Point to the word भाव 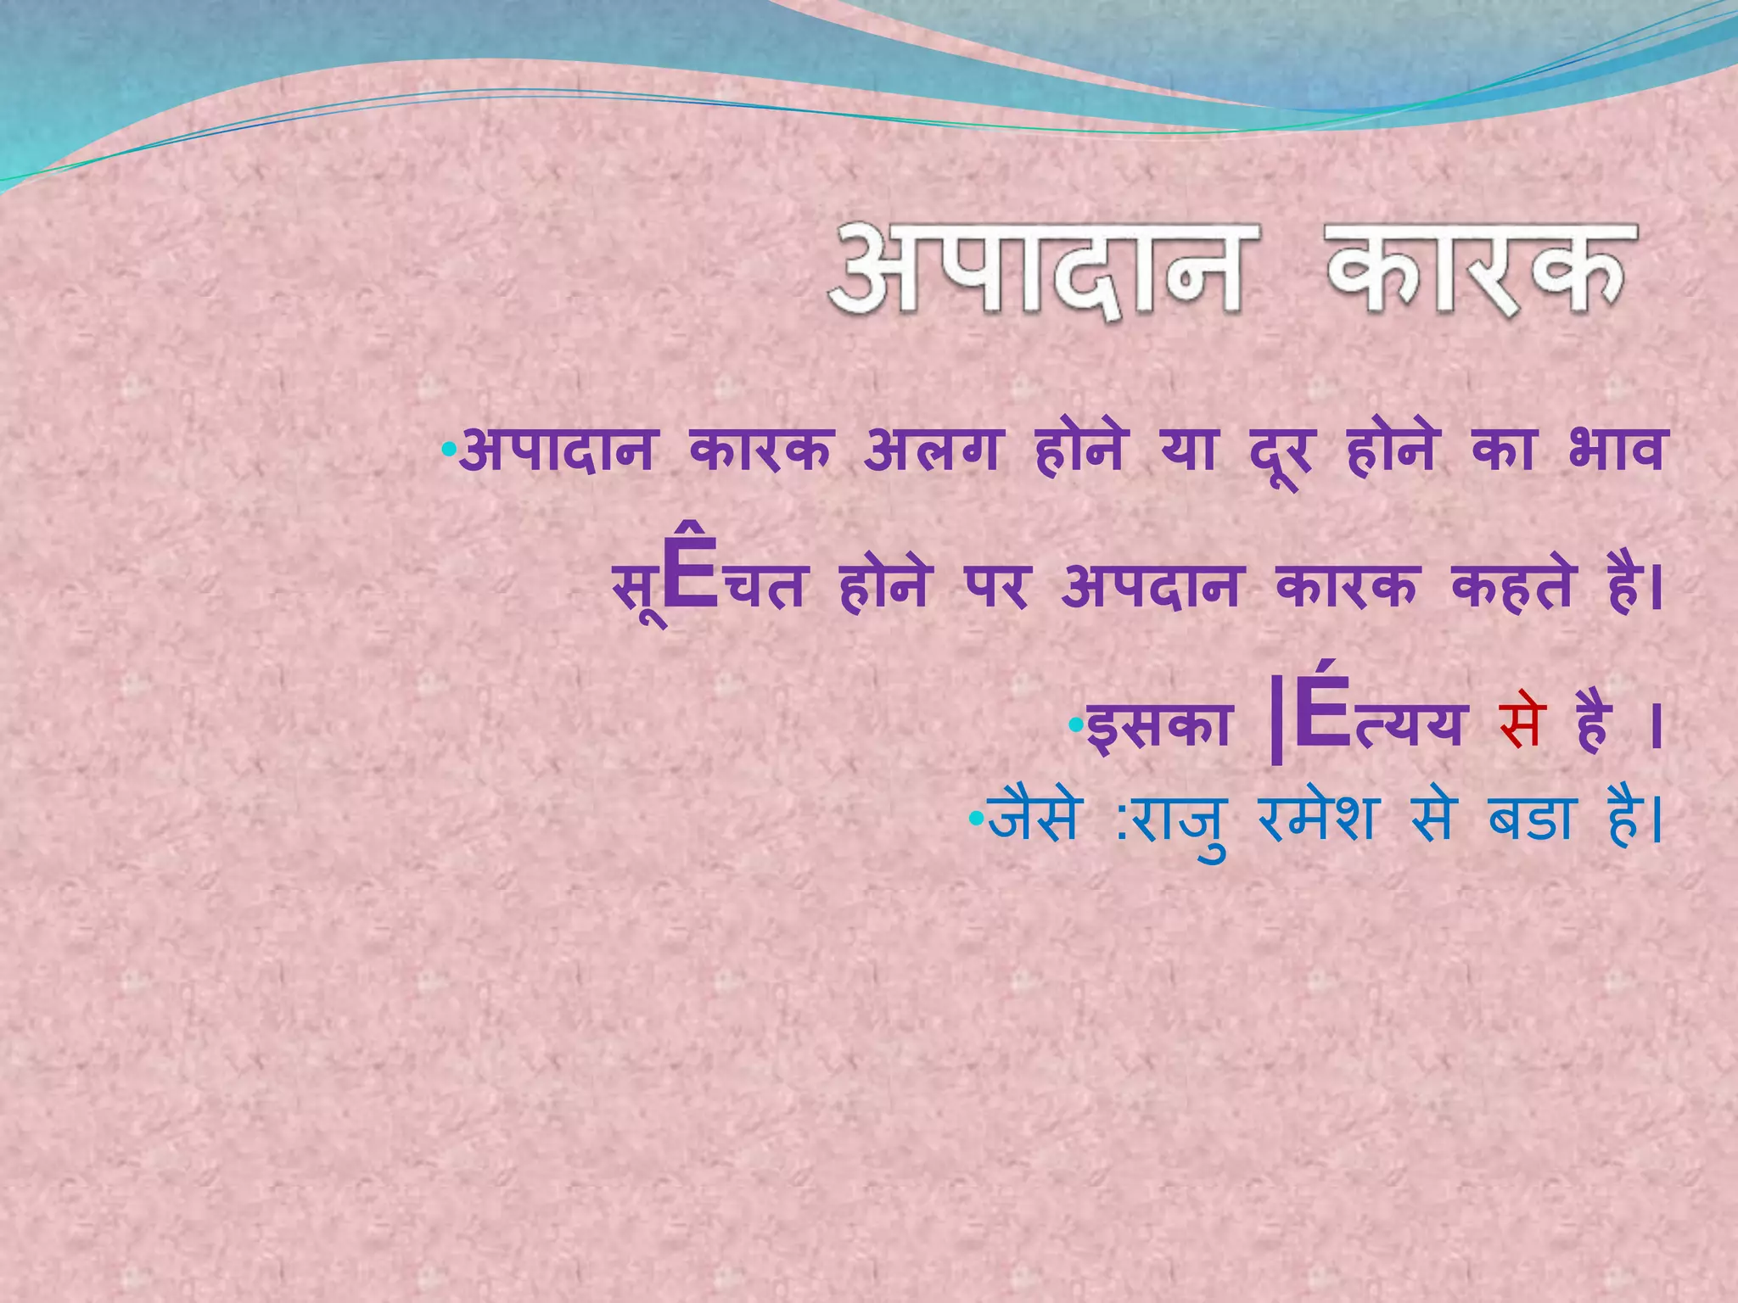point(1617,450)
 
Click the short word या point(1189,450)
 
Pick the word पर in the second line point(996,587)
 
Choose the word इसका point(1159,727)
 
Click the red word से point(1520,727)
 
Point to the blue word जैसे point(1034,819)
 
